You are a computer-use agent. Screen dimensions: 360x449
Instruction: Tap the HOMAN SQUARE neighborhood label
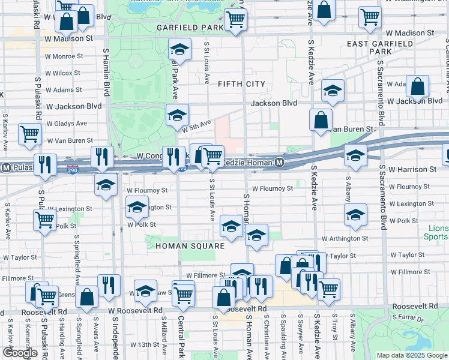click(x=190, y=246)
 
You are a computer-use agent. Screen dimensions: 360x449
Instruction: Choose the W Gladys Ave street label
click(x=67, y=124)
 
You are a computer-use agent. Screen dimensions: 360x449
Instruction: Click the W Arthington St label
click(x=345, y=239)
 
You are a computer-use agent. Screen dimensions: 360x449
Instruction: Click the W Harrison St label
click(x=412, y=170)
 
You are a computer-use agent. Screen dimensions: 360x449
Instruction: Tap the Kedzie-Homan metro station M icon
click(x=280, y=163)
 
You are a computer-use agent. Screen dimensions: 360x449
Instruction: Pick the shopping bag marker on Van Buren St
click(x=322, y=119)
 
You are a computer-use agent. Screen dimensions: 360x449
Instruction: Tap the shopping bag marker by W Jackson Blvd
click(x=417, y=86)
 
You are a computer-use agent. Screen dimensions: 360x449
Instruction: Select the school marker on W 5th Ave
click(x=177, y=114)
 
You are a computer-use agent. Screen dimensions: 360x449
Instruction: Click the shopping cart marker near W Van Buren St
click(x=29, y=134)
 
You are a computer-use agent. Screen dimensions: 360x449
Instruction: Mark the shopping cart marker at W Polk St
click(x=44, y=219)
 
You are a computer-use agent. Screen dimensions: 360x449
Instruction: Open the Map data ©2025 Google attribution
click(x=411, y=355)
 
